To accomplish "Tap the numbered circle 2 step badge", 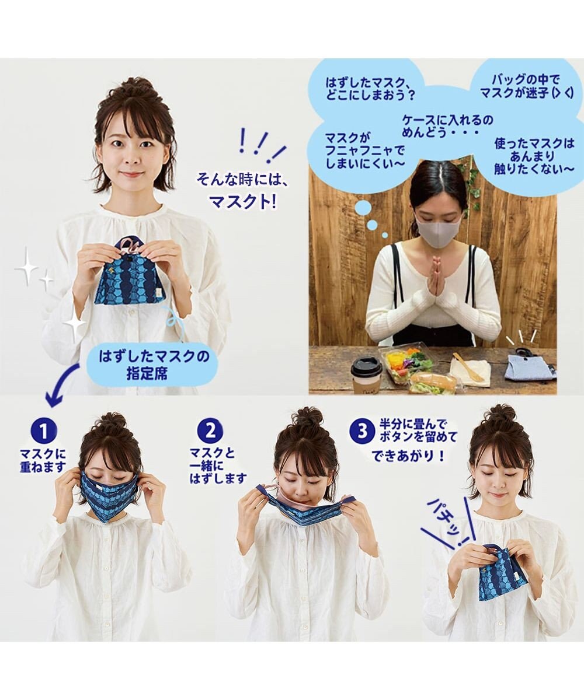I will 210,431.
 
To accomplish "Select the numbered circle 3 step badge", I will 361,432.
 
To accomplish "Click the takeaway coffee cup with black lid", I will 366,374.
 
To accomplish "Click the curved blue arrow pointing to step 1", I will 61,385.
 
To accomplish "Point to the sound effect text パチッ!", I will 449,521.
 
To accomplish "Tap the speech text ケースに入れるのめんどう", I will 447,127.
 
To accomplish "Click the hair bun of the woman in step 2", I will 308,417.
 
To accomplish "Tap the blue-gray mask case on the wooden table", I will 529,366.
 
